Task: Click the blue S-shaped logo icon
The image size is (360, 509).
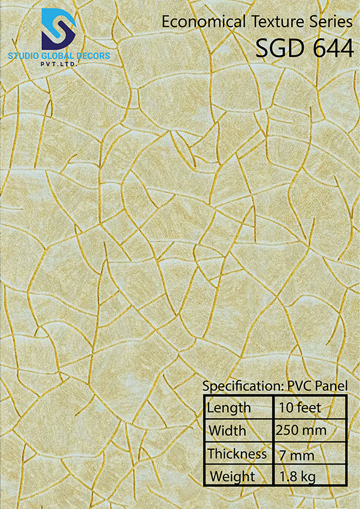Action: (57, 28)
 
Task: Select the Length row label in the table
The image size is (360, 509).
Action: (229, 407)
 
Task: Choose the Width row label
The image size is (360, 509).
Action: (227, 431)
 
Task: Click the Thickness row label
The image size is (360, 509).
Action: (237, 454)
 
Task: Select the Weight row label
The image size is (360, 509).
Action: (232, 476)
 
